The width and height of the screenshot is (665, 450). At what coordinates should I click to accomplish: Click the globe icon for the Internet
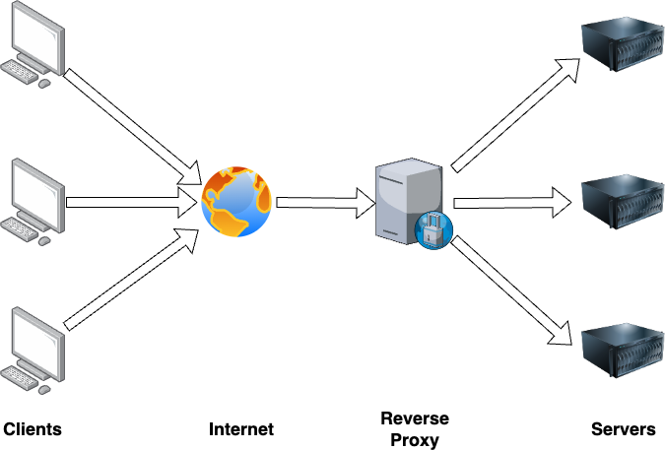tap(236, 202)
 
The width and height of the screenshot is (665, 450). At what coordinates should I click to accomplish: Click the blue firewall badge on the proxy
tap(433, 230)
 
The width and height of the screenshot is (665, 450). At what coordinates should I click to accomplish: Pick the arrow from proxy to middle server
tap(512, 203)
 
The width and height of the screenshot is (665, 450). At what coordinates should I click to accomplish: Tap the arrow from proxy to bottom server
tap(512, 291)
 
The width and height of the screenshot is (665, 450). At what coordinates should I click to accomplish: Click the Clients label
tap(33, 429)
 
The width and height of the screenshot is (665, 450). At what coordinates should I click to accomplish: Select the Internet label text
tap(241, 429)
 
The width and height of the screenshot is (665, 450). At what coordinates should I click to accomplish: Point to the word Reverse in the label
tap(415, 418)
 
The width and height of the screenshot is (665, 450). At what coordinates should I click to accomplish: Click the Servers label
tap(623, 429)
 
